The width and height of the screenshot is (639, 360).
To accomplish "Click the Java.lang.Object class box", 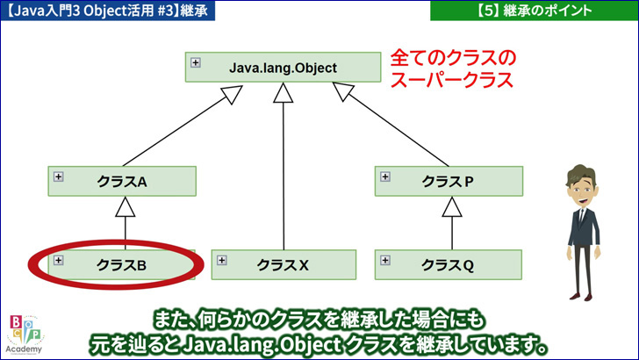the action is coord(283,68).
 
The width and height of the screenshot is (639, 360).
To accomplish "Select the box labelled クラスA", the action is coord(122,181).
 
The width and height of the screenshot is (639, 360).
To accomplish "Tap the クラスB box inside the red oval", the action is coord(121,265).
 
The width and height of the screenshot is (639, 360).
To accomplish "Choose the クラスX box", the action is coord(284,265).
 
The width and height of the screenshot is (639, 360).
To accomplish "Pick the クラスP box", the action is coord(449,181).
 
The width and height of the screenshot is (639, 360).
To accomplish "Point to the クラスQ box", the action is coord(449,265).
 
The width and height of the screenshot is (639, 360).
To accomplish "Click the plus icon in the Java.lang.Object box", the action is coord(196,63).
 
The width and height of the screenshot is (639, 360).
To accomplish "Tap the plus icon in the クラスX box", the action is coord(222,260).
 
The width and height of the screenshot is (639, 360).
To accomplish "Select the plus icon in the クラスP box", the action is coord(385,176).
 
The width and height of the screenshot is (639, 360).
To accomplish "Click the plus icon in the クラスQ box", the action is coord(385,260).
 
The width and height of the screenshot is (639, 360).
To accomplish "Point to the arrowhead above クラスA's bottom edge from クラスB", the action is coord(126,206).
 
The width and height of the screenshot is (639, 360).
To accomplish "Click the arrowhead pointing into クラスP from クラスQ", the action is coord(452,206).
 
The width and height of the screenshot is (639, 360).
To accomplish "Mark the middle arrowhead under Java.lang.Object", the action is coord(284,92).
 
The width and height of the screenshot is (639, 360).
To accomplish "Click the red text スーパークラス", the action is coord(451,80).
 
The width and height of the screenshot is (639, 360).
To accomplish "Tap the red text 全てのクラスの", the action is coord(453,58).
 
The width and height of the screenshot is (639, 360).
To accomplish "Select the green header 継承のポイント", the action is coord(535,11).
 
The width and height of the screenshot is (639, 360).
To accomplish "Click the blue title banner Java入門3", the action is coord(108,11).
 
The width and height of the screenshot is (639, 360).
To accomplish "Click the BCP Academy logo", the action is coord(25,335).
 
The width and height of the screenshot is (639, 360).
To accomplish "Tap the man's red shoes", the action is coord(581,297).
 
